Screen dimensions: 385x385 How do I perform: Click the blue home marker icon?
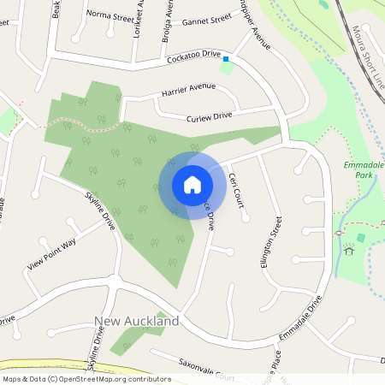(x=192, y=184)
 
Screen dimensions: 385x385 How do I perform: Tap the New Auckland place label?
(x=137, y=321)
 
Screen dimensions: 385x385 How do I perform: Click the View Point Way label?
(x=51, y=254)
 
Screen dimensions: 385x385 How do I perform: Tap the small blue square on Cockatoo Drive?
(x=226, y=59)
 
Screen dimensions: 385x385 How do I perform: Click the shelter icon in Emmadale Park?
(x=348, y=250)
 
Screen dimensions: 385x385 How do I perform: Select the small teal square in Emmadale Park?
(x=360, y=237)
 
